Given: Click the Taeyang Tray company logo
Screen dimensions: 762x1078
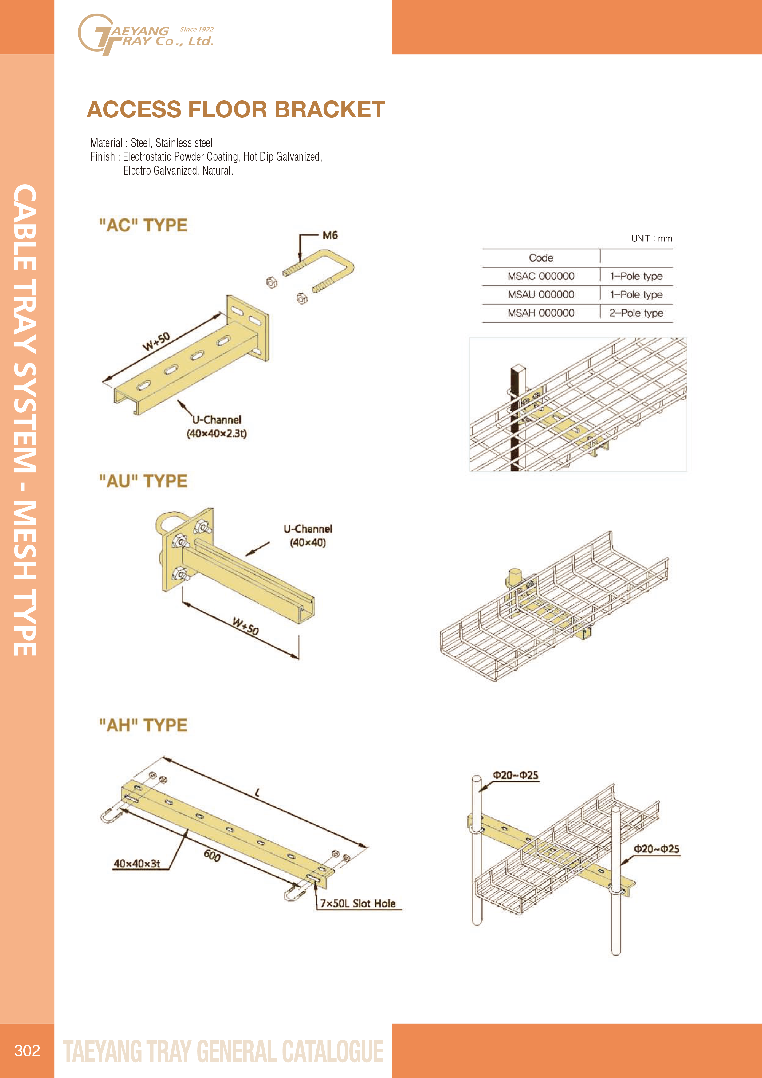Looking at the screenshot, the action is pyautogui.click(x=146, y=34).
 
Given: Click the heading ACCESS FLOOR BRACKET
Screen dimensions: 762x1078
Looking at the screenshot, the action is pyautogui.click(x=236, y=109).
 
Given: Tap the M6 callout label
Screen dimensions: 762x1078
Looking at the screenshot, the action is pyautogui.click(x=330, y=235).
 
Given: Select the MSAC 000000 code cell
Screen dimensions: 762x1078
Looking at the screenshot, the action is pyautogui.click(x=541, y=276).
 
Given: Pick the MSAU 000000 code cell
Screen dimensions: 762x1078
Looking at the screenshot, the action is pyautogui.click(x=541, y=294).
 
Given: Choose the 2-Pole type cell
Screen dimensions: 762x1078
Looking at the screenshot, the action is pyautogui.click(x=636, y=313).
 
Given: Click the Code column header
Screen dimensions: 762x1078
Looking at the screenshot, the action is pyautogui.click(x=541, y=258).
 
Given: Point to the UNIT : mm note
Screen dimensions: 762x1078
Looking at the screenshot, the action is pyautogui.click(x=652, y=238).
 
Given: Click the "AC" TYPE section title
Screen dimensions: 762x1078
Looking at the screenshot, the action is pyautogui.click(x=143, y=225).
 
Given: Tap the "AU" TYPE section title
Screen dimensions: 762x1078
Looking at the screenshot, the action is pyautogui.click(x=143, y=481).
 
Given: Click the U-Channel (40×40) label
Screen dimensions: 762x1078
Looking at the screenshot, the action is pyautogui.click(x=308, y=536).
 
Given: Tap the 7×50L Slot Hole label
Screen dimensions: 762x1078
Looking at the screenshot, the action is pyautogui.click(x=358, y=903).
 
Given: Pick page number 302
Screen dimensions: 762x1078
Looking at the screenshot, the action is pyautogui.click(x=27, y=1050).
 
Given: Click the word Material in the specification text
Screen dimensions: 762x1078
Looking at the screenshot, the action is pyautogui.click(x=106, y=143).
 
